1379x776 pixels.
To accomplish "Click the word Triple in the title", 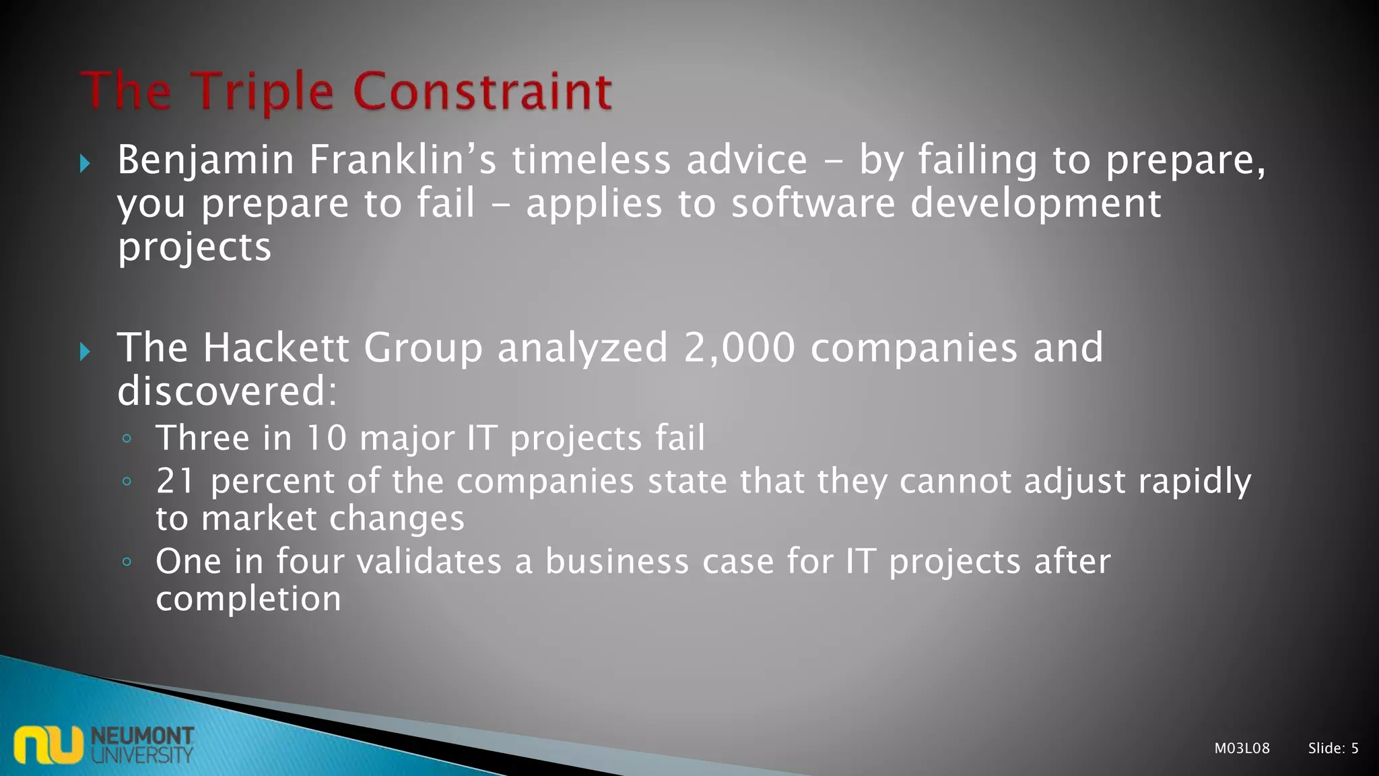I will click(x=263, y=92).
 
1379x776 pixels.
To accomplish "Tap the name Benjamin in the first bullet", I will click(x=206, y=161).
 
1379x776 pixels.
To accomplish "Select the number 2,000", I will click(x=739, y=348).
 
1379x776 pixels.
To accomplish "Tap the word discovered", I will click(x=227, y=391).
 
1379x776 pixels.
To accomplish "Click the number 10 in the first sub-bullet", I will click(x=326, y=438).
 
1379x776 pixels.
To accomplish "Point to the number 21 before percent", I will click(x=175, y=481).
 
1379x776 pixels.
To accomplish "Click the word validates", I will click(x=428, y=561).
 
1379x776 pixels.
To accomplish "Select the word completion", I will click(x=248, y=598).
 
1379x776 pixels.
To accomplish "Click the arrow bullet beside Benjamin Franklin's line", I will click(x=85, y=163).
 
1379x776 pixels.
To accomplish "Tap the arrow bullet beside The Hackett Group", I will click(x=85, y=351).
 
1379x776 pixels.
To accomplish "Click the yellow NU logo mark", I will click(x=48, y=744).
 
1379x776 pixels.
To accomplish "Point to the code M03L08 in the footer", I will click(x=1242, y=748).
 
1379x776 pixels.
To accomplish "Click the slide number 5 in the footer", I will click(x=1355, y=748).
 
